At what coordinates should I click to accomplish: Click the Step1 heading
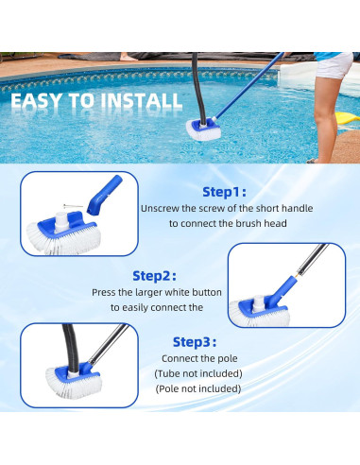(224, 190)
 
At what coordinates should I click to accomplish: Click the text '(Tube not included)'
(199, 374)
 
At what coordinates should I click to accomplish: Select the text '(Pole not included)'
(199, 389)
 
